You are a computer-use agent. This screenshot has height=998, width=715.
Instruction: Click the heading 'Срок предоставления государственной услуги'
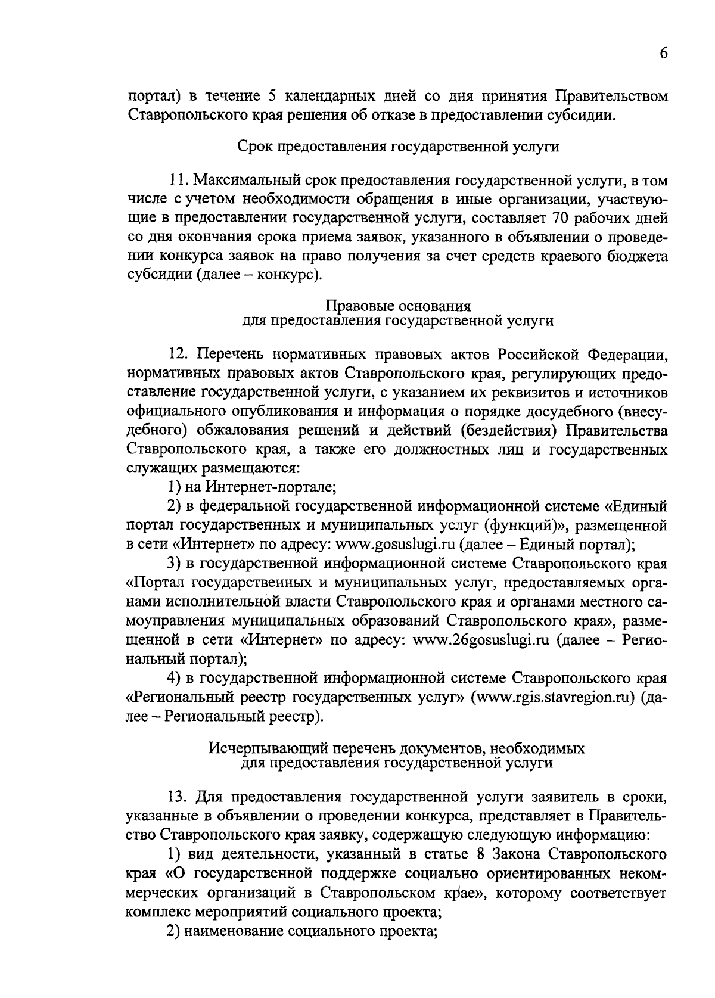(x=398, y=147)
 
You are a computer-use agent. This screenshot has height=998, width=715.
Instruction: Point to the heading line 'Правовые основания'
(x=398, y=306)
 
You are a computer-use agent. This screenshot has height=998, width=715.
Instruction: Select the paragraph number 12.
(x=177, y=355)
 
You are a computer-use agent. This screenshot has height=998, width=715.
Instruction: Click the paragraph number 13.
(x=177, y=797)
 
